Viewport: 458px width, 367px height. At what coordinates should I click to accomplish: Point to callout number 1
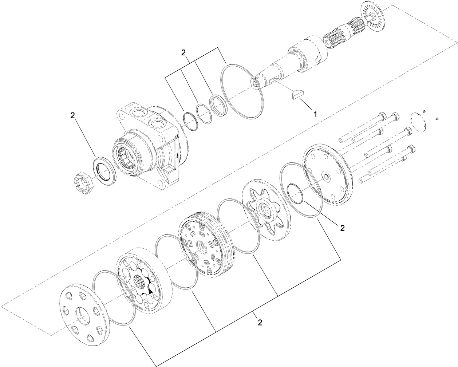click(315, 114)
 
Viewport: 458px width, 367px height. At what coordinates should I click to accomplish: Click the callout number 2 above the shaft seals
click(184, 52)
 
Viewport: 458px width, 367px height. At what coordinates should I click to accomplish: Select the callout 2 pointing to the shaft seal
click(72, 115)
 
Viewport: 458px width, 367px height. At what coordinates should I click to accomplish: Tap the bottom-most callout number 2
click(260, 322)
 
